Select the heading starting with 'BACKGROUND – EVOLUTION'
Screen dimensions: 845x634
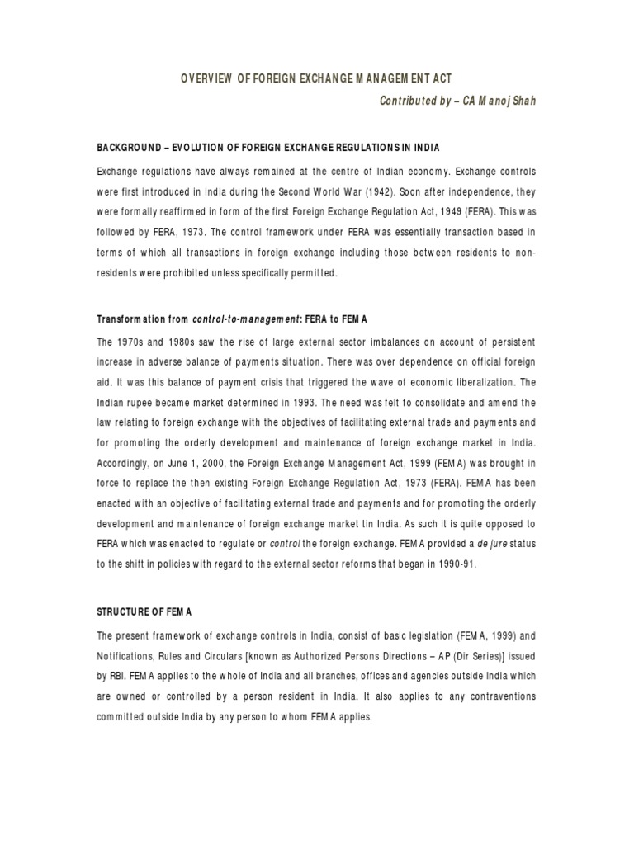268,148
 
